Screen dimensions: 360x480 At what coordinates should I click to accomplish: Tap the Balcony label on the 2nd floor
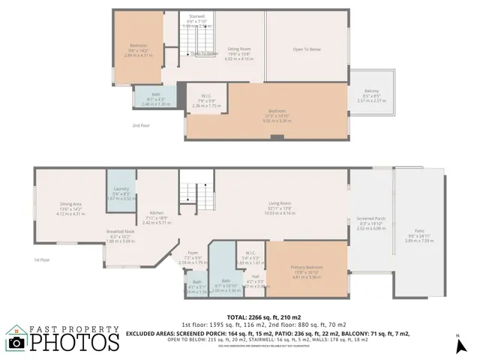pyautogui.click(x=370, y=91)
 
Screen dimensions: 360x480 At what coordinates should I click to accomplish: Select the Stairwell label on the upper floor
pyautogui.click(x=197, y=16)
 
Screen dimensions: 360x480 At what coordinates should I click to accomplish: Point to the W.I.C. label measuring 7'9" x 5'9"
pyautogui.click(x=202, y=96)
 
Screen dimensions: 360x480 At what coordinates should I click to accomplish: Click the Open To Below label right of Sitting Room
pyautogui.click(x=307, y=50)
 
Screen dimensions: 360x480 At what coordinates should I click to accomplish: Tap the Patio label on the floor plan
pyautogui.click(x=419, y=230)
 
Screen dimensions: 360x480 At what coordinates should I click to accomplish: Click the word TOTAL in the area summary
pyautogui.click(x=218, y=318)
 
